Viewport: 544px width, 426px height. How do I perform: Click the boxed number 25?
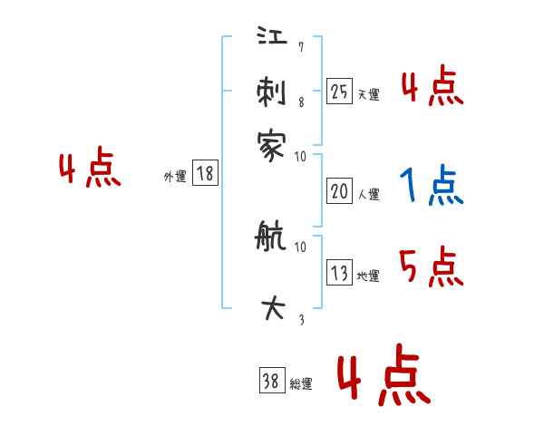[x=339, y=91]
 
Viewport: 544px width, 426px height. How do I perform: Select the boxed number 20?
[x=339, y=191]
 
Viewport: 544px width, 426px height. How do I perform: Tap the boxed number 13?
[x=339, y=274]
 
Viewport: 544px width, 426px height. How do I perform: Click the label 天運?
[x=369, y=94]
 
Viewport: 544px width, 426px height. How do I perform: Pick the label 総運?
[x=301, y=384]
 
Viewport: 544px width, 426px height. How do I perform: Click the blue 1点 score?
[x=430, y=187]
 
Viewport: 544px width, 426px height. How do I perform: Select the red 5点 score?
[x=431, y=268]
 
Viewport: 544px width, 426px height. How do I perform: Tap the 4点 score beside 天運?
[x=431, y=88]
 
